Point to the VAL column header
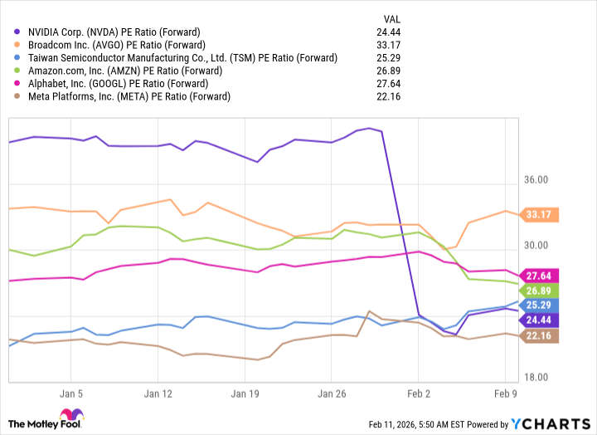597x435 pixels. (x=393, y=18)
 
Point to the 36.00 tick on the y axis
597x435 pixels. (x=539, y=180)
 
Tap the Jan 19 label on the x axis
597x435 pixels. (x=245, y=393)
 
